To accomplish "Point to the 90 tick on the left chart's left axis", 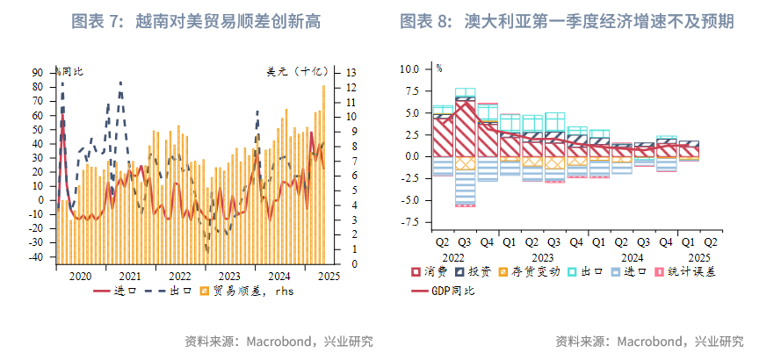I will pos(39,73).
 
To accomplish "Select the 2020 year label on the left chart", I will pos(80,275).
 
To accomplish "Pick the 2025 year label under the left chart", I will pos(329,275).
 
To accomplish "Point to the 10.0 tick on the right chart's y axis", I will pos(410,68).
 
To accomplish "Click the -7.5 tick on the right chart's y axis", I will pos(410,222).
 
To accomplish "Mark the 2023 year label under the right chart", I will pos(541,258).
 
